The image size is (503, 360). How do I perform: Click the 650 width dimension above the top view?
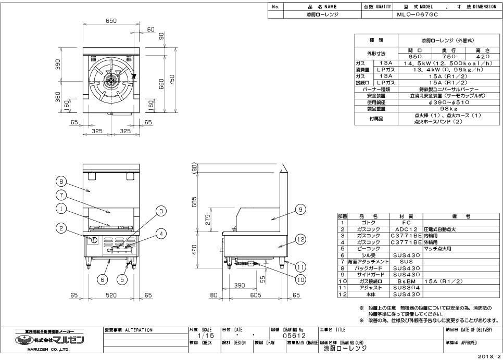coord(111,21)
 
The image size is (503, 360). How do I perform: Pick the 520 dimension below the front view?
coord(111,295)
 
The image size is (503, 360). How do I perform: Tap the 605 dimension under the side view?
coord(255,295)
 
